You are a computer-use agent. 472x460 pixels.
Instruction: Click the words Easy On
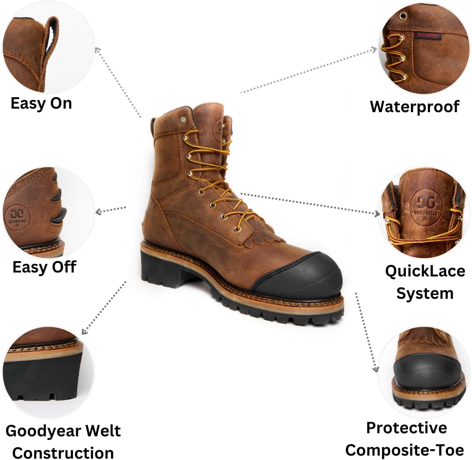tap(41, 103)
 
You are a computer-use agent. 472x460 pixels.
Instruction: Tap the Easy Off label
tap(44, 267)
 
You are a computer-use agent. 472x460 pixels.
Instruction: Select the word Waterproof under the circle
tap(415, 107)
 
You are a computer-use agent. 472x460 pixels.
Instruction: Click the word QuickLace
tap(425, 271)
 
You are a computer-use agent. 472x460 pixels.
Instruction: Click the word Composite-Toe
tap(405, 450)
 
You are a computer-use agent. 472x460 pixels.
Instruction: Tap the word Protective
tap(407, 428)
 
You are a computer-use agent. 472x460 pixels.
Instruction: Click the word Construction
tap(63, 453)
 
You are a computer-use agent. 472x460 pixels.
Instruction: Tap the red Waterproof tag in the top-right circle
tap(428, 35)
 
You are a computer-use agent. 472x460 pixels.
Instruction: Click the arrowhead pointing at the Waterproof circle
tap(374, 50)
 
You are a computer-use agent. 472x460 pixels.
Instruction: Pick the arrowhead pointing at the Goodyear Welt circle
tap(84, 332)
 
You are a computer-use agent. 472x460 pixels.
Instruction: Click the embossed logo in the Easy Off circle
tap(17, 216)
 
